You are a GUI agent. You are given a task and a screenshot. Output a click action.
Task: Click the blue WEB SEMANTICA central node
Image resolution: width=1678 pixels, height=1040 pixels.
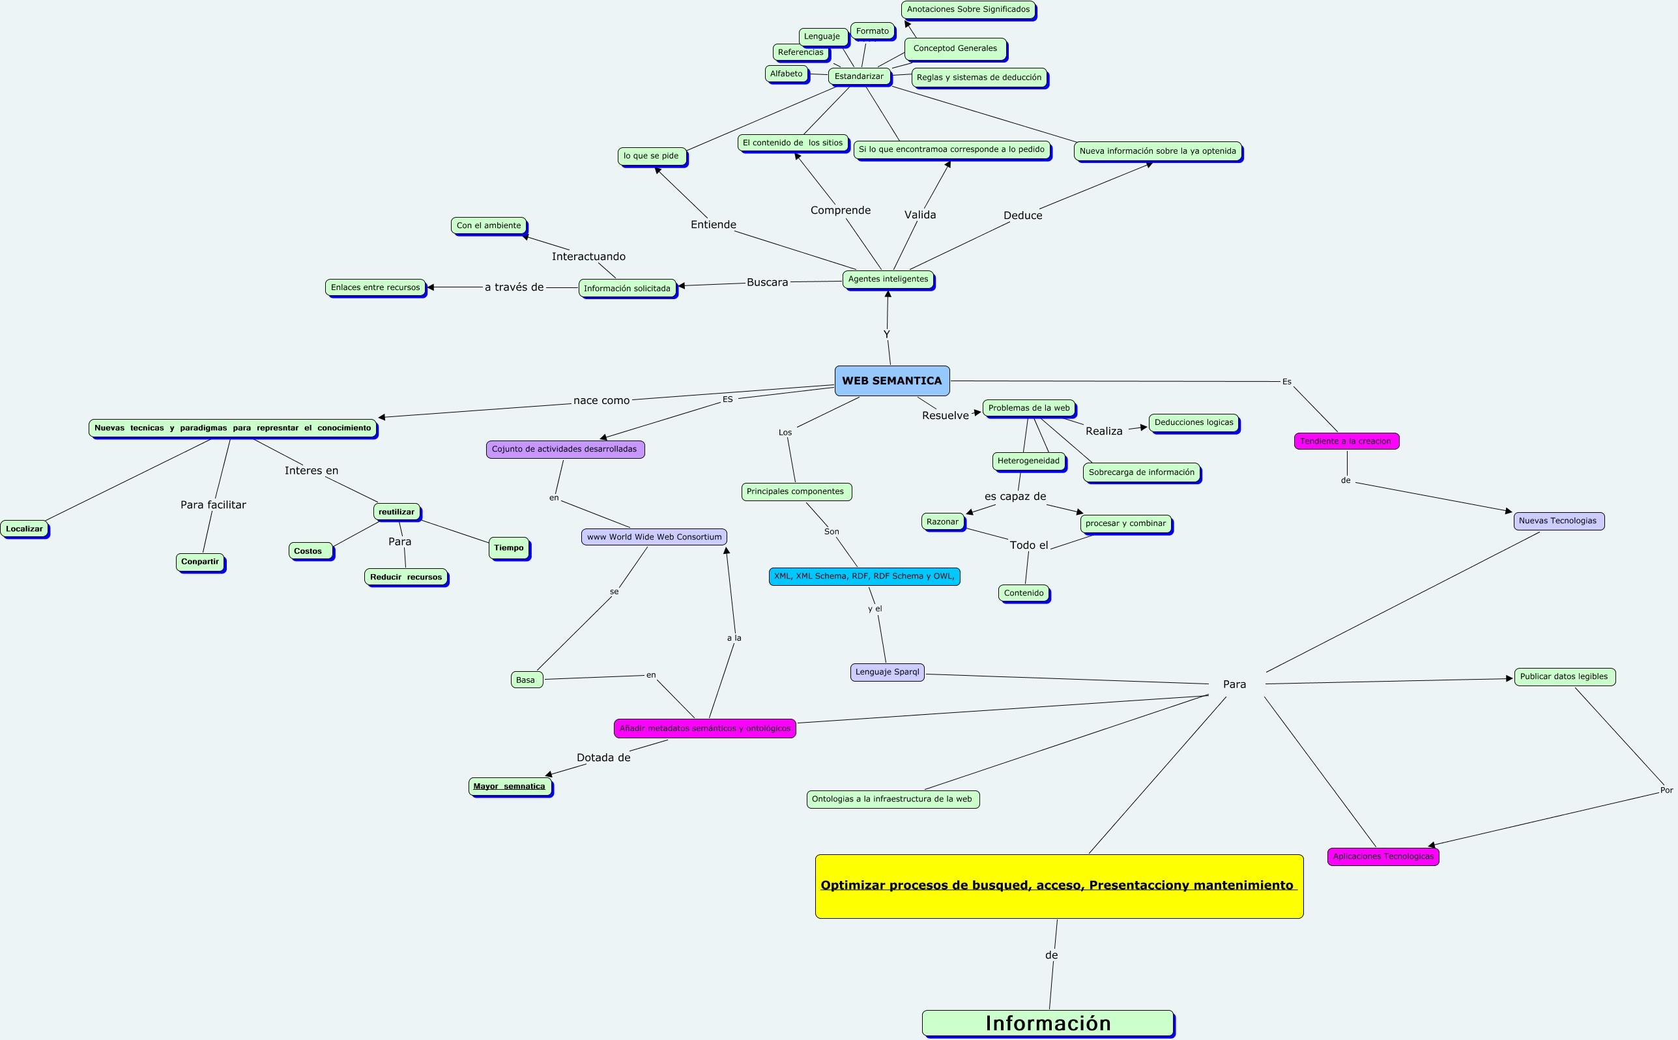coord(892,381)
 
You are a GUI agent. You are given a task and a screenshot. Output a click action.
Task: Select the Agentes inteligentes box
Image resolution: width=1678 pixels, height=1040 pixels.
coord(888,280)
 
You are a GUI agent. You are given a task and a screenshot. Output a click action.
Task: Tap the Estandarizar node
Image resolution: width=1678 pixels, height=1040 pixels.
coord(859,76)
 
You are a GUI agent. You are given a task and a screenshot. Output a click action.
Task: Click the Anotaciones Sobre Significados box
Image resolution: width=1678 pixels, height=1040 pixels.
coord(968,10)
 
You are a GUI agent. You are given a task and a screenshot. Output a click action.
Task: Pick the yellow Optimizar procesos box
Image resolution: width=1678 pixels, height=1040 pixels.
coord(1059,886)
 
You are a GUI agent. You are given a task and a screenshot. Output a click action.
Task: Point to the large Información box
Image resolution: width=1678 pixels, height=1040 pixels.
coord(1047,1023)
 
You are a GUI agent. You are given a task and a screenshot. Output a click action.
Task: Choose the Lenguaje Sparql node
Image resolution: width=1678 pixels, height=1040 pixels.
coord(887,672)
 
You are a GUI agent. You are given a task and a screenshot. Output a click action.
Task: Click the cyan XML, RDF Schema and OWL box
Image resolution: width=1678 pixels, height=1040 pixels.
coord(863,577)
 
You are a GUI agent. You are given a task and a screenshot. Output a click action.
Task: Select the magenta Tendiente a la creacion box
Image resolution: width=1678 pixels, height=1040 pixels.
coord(1346,442)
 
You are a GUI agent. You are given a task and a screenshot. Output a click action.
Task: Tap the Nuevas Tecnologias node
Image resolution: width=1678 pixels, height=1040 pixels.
coord(1558,521)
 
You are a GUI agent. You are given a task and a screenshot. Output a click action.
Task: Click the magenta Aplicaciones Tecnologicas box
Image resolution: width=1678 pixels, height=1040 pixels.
coord(1383,857)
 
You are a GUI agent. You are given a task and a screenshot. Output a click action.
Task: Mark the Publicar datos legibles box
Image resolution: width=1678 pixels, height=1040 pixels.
coord(1565,677)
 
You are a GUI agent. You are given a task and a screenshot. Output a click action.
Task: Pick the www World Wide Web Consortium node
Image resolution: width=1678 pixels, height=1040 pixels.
coord(654,537)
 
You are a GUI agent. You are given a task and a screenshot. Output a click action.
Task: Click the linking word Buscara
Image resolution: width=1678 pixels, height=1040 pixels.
coord(768,283)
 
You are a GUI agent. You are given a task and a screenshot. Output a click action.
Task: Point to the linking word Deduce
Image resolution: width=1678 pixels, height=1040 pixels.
coord(1022,216)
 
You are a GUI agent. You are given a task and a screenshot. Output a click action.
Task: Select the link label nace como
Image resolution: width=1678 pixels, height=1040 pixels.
coord(601,401)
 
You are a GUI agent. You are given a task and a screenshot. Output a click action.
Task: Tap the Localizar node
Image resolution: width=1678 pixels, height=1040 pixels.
coord(24,529)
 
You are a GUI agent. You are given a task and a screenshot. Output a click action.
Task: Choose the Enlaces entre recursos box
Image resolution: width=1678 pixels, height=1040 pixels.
coord(375,287)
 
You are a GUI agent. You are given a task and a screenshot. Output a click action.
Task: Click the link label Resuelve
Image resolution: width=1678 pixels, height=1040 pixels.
coord(945,416)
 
